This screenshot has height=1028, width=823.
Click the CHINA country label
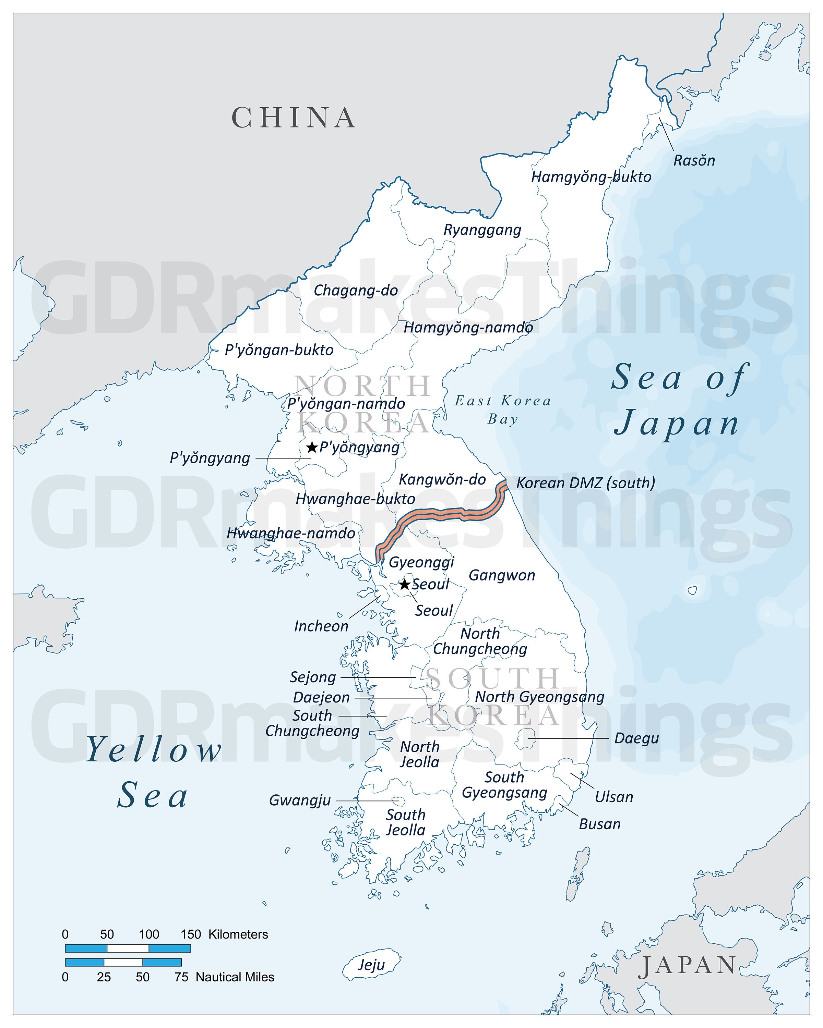294,118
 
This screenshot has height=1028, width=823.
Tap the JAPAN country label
688,966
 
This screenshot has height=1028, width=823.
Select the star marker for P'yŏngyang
312,447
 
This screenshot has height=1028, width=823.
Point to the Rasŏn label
694,161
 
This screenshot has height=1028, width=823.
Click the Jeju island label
371,965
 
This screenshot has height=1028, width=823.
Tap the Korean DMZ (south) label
585,483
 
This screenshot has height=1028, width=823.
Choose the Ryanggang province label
482,230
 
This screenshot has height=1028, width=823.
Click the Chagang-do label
356,290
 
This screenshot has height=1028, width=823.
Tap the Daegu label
636,738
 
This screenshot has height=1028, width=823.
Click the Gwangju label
300,800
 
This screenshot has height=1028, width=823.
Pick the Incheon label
321,626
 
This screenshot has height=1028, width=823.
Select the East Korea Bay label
503,409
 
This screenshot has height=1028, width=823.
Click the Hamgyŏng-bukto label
591,177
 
